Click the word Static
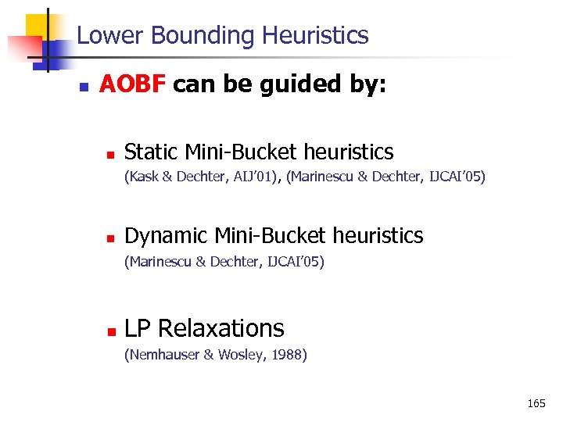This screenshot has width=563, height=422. pyautogui.click(x=151, y=152)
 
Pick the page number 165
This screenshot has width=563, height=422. pyautogui.click(x=536, y=403)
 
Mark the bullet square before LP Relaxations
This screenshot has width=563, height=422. pyautogui.click(x=110, y=331)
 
